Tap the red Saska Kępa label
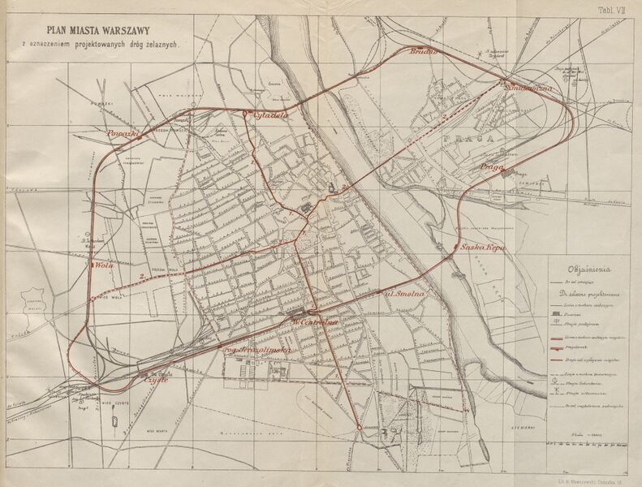coord(483,248)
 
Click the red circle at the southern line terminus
coord(358,426)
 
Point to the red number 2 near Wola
coord(143,278)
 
